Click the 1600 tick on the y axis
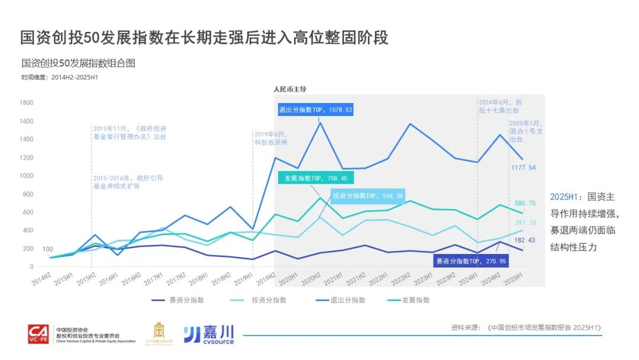27,121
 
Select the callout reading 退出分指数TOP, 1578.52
316,110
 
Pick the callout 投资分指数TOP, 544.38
368,196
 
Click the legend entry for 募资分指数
177,300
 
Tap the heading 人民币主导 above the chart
289,89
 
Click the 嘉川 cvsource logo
208,335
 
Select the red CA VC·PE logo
40,335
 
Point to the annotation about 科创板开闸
270,139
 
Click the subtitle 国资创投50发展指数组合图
78,63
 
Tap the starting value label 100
48,249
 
